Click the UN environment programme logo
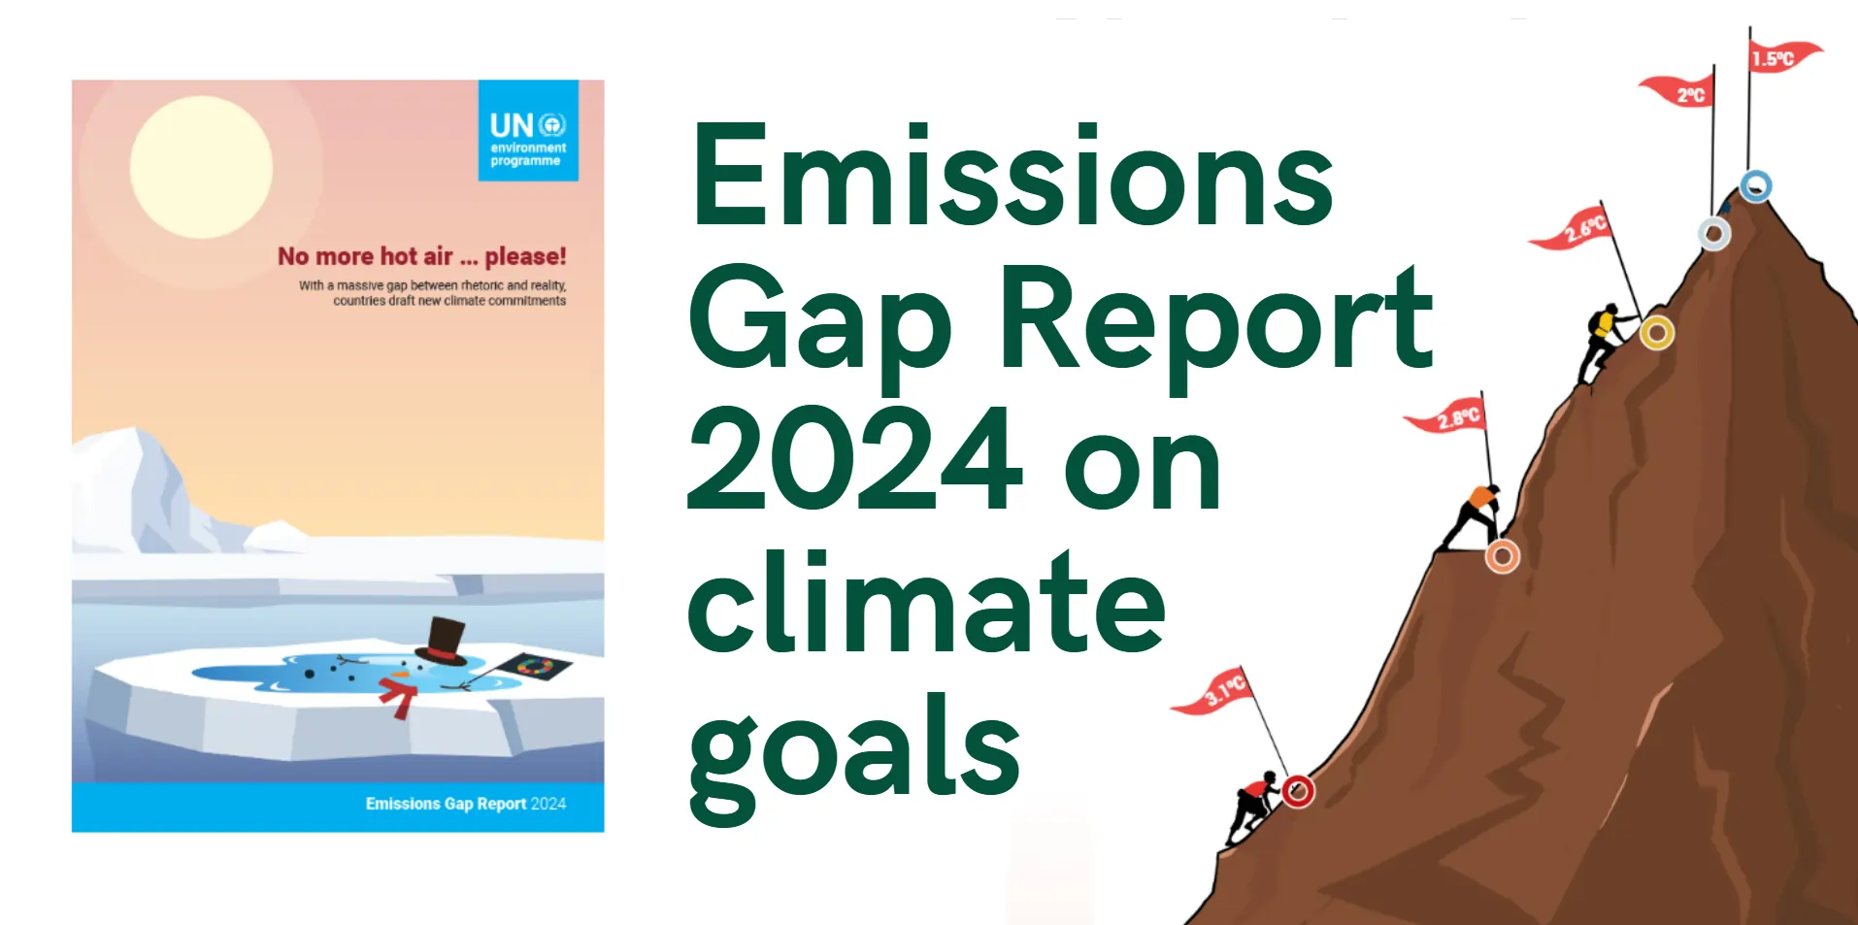pos(528,130)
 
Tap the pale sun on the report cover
pos(201,167)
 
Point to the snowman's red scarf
pos(398,697)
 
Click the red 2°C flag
pos(1677,90)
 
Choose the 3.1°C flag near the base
pos(1214,691)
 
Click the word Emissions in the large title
pos(1012,177)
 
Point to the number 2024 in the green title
pos(854,458)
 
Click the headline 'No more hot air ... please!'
pos(422,256)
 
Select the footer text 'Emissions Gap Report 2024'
pos(466,804)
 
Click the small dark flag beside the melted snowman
pos(533,667)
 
